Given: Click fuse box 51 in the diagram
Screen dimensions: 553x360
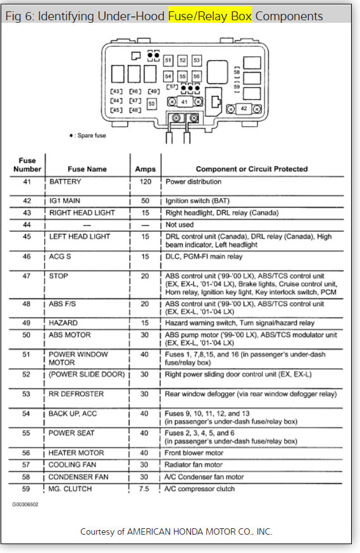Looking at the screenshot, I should click(168, 61).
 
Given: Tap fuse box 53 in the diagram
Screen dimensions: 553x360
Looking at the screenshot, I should click(197, 61).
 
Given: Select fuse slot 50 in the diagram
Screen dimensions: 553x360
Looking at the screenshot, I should click(151, 103).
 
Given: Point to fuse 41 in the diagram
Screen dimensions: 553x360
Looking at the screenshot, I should click(184, 101).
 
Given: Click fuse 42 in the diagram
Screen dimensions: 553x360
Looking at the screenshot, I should click(244, 109).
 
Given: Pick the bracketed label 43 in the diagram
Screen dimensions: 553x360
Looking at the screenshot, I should click(116, 91).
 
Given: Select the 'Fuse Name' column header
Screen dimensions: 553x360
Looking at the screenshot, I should click(87, 169).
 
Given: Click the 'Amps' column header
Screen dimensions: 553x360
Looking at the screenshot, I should click(146, 169).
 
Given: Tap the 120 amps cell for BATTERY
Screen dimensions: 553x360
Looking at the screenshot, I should click(146, 182).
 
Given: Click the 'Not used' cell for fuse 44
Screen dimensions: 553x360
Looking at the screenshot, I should click(180, 225).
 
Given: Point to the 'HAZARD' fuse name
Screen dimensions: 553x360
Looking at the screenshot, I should click(64, 323).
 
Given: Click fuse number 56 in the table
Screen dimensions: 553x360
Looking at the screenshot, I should click(27, 453).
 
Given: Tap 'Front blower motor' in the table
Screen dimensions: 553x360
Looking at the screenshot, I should click(194, 453).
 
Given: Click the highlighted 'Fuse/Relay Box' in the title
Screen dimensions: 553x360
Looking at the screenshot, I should click(209, 16).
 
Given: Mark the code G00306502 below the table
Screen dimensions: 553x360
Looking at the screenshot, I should click(25, 505).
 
